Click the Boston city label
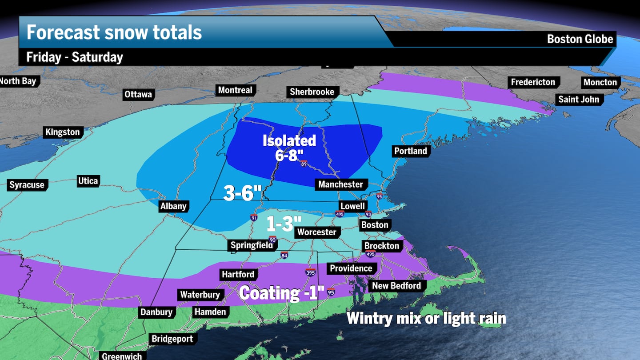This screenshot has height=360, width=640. (375, 225)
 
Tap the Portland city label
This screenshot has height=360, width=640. (410, 151)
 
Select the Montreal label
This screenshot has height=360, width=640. (235, 90)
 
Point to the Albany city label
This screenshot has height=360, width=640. (173, 206)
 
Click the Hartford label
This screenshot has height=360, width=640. (238, 275)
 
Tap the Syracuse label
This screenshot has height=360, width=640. (27, 185)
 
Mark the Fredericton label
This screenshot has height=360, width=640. (533, 82)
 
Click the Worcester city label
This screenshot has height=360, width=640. (316, 232)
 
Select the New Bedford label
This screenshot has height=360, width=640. (396, 286)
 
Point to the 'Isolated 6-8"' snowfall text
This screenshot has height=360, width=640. (289, 148)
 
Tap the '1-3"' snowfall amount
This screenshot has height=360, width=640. (284, 224)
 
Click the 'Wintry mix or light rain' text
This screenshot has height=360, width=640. (426, 318)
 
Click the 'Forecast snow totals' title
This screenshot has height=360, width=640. (114, 32)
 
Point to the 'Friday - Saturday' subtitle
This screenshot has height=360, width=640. (75, 57)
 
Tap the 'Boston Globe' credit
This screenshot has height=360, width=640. (580, 39)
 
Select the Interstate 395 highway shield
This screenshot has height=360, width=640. (310, 272)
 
